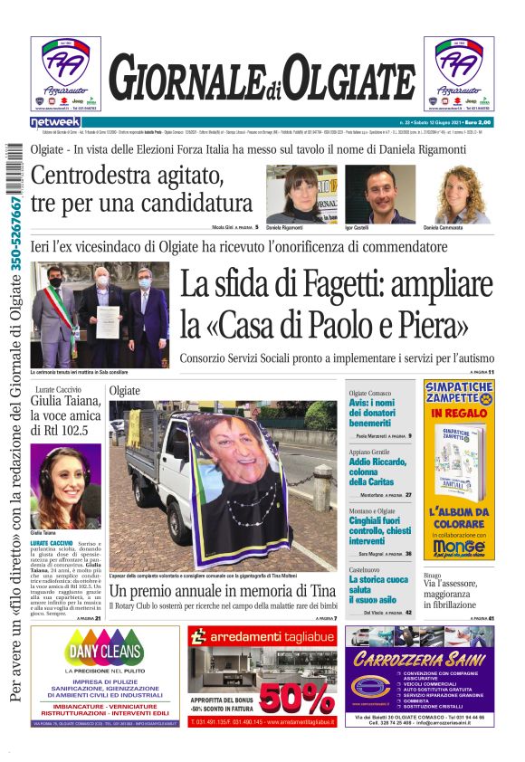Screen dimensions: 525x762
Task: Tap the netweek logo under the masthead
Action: [x=55, y=121]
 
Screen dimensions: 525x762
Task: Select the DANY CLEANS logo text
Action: [x=104, y=651]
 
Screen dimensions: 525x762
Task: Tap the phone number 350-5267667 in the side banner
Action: [x=14, y=232]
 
